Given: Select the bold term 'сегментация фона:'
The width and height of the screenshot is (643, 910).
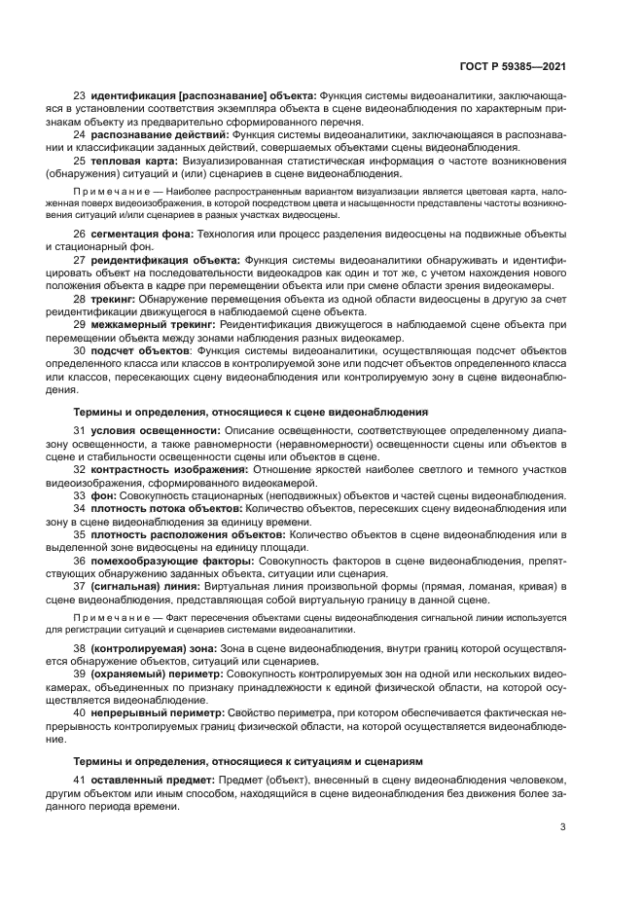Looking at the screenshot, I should point(142,235).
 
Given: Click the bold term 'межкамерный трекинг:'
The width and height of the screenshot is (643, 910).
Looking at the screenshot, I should point(154,323).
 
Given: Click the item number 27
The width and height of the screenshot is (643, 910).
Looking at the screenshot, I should point(81,260).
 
